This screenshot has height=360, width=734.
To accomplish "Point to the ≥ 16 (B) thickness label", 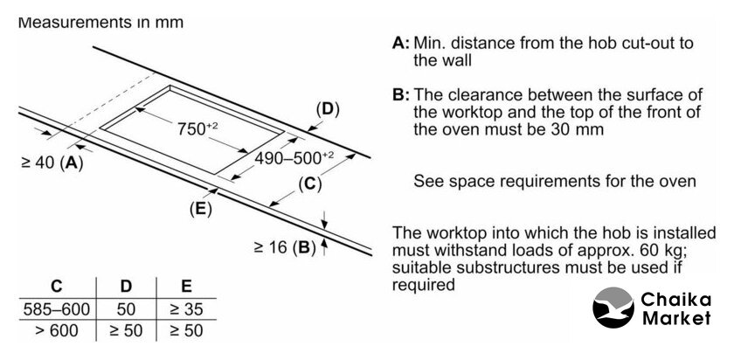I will [x=285, y=246].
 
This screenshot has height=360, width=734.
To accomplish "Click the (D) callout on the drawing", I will [x=327, y=109].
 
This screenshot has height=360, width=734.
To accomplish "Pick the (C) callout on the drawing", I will [x=310, y=183].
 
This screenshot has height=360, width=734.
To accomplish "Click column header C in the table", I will [x=57, y=286].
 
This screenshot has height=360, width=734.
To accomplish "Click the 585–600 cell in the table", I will [x=57, y=308].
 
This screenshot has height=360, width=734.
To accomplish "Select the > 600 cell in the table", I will [x=57, y=331].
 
